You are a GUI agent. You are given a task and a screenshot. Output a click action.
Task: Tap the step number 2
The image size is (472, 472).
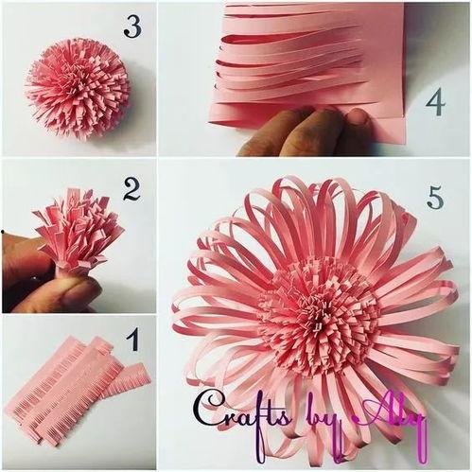pos(131,189)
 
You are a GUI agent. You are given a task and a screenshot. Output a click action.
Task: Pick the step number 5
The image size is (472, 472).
pos(436,197)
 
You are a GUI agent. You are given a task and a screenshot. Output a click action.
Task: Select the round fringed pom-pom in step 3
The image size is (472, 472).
pos(78,88)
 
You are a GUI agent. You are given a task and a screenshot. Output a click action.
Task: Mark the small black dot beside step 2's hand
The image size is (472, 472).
pos(3,232)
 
